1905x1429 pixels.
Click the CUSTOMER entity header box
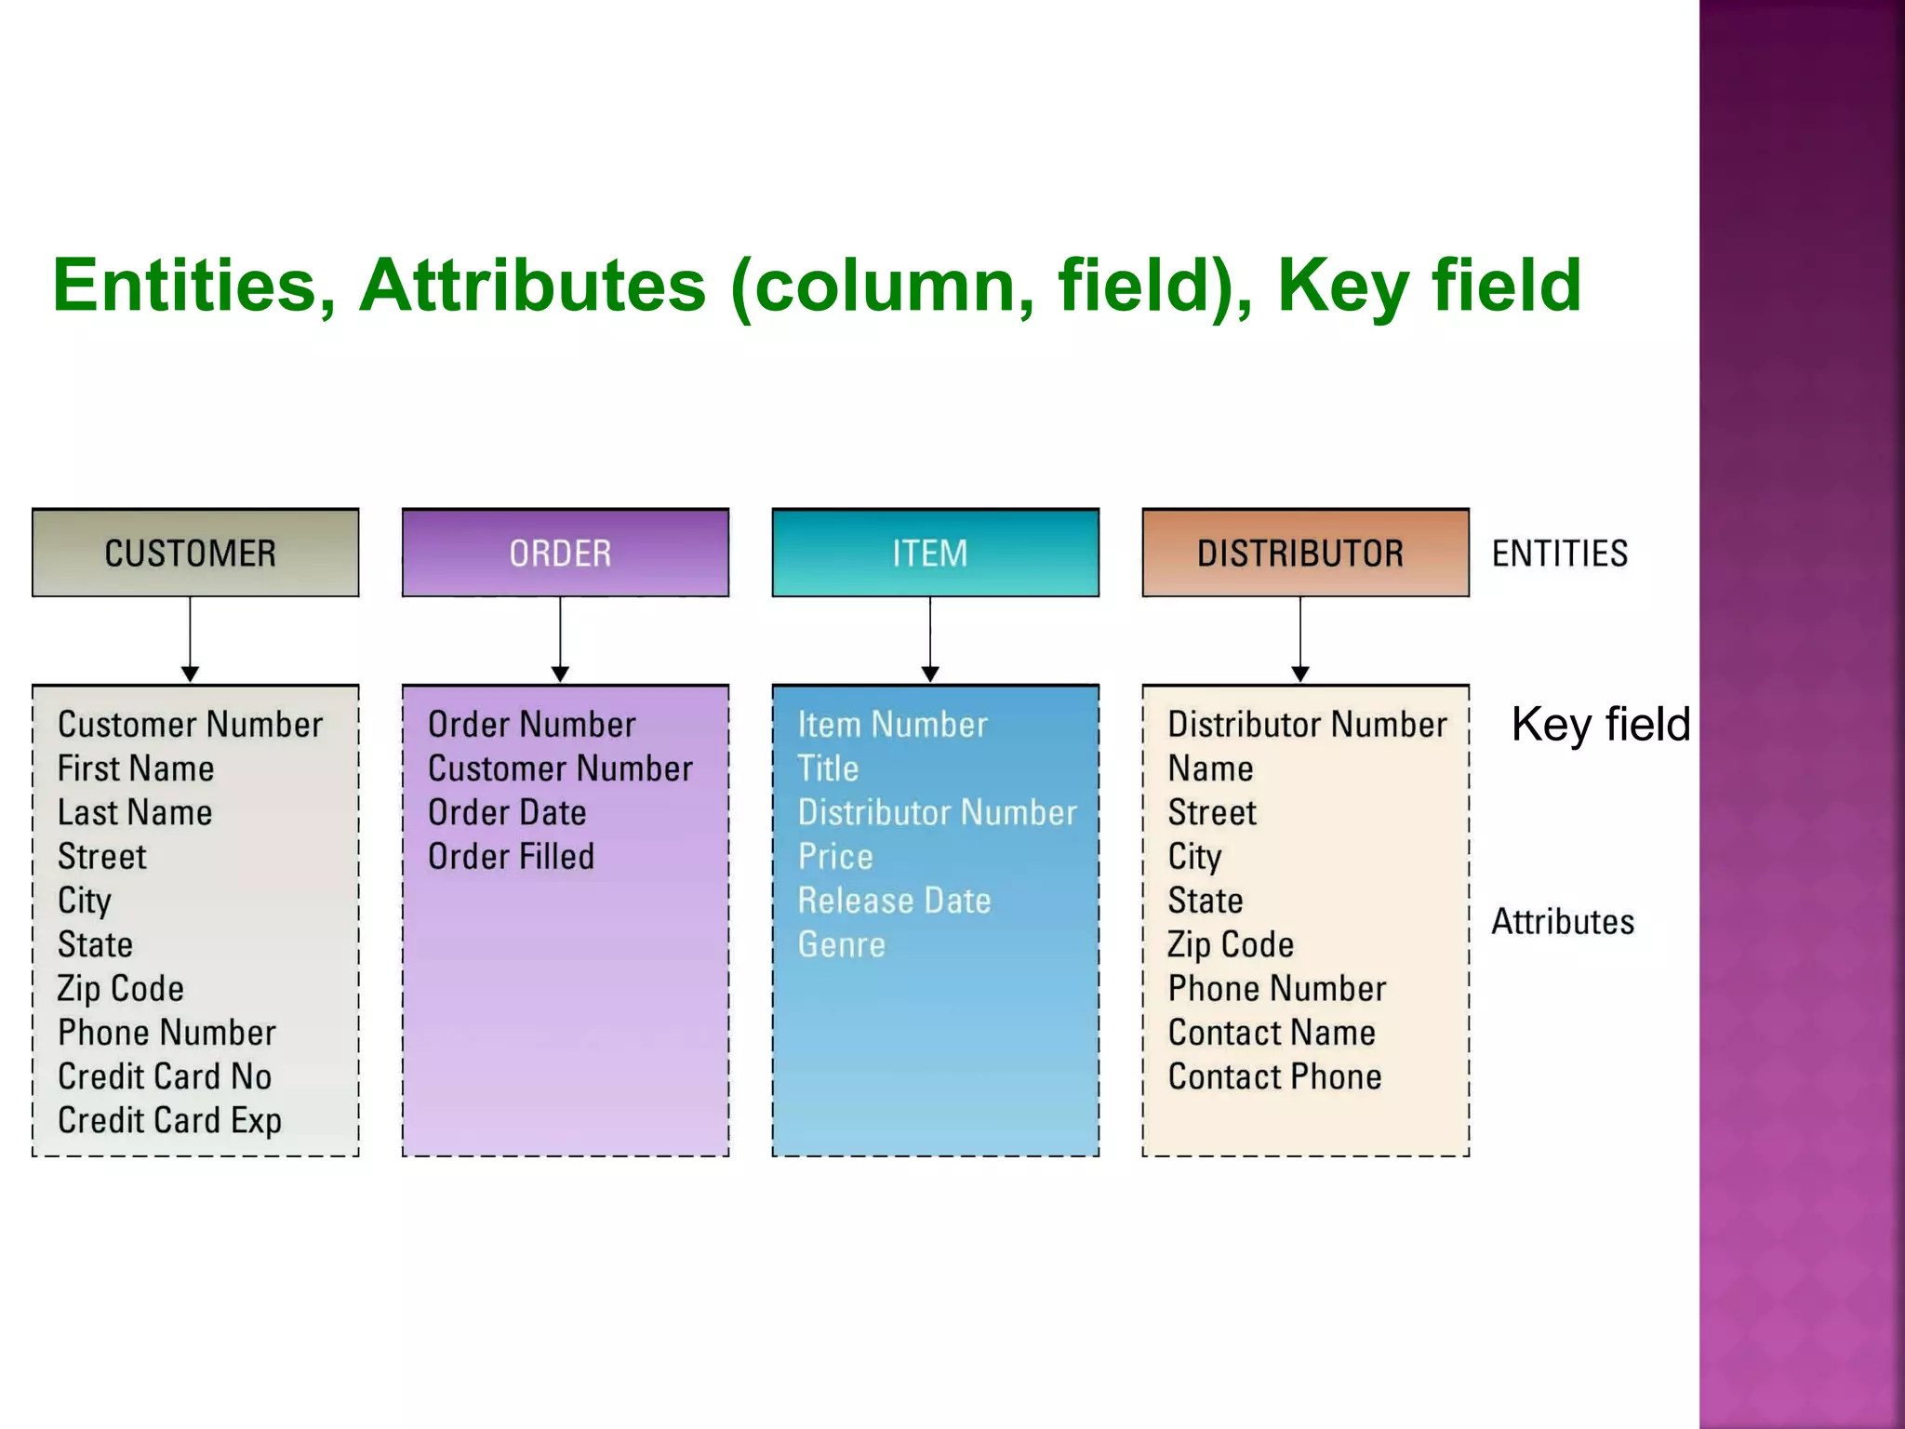195,553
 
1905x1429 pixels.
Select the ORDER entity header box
565,553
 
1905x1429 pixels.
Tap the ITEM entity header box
935,553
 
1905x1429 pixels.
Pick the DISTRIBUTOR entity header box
1305,553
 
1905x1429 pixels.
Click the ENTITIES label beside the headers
1560,554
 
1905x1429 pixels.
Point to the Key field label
1600,724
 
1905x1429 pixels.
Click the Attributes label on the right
1563,922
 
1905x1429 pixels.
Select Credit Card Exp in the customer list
169,1121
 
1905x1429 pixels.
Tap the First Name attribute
136,768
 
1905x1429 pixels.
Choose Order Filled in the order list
511,857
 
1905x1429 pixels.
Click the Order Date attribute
507,813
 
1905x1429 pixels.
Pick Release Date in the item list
894,901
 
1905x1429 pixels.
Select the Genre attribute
842,945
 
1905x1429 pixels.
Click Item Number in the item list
892,725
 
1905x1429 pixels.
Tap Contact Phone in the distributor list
1274,1077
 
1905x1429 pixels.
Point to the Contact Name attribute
1272,1033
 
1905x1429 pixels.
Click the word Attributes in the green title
532,285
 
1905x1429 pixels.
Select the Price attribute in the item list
835,857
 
